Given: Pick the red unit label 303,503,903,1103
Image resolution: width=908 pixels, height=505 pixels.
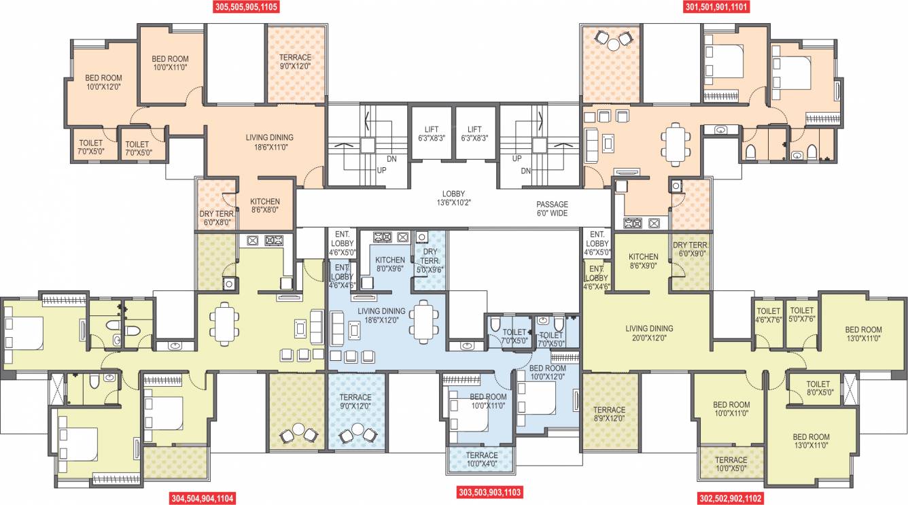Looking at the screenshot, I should pyautogui.click(x=490, y=491).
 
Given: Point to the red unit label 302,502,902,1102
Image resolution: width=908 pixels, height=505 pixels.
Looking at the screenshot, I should pyautogui.click(x=731, y=498).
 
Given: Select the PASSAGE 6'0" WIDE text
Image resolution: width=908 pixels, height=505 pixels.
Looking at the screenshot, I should pyautogui.click(x=551, y=209).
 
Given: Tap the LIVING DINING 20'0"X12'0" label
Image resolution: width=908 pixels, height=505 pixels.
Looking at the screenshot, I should pyautogui.click(x=649, y=333).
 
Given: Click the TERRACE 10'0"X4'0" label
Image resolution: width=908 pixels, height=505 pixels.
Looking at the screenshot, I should pyautogui.click(x=481, y=459).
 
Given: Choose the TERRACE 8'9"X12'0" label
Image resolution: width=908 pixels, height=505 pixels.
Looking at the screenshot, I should pyautogui.click(x=609, y=414).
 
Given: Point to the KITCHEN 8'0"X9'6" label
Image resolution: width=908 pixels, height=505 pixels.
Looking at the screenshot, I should pyautogui.click(x=390, y=264).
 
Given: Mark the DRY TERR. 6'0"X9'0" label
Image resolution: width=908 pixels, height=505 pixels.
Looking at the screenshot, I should pyautogui.click(x=691, y=249).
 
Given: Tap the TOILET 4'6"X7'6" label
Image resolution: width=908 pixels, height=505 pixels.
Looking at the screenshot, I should pyautogui.click(x=768, y=315).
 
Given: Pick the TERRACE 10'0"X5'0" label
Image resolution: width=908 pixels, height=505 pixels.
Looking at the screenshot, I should pyautogui.click(x=731, y=464).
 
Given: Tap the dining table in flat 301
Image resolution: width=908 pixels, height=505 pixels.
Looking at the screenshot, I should pyautogui.click(x=674, y=143).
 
